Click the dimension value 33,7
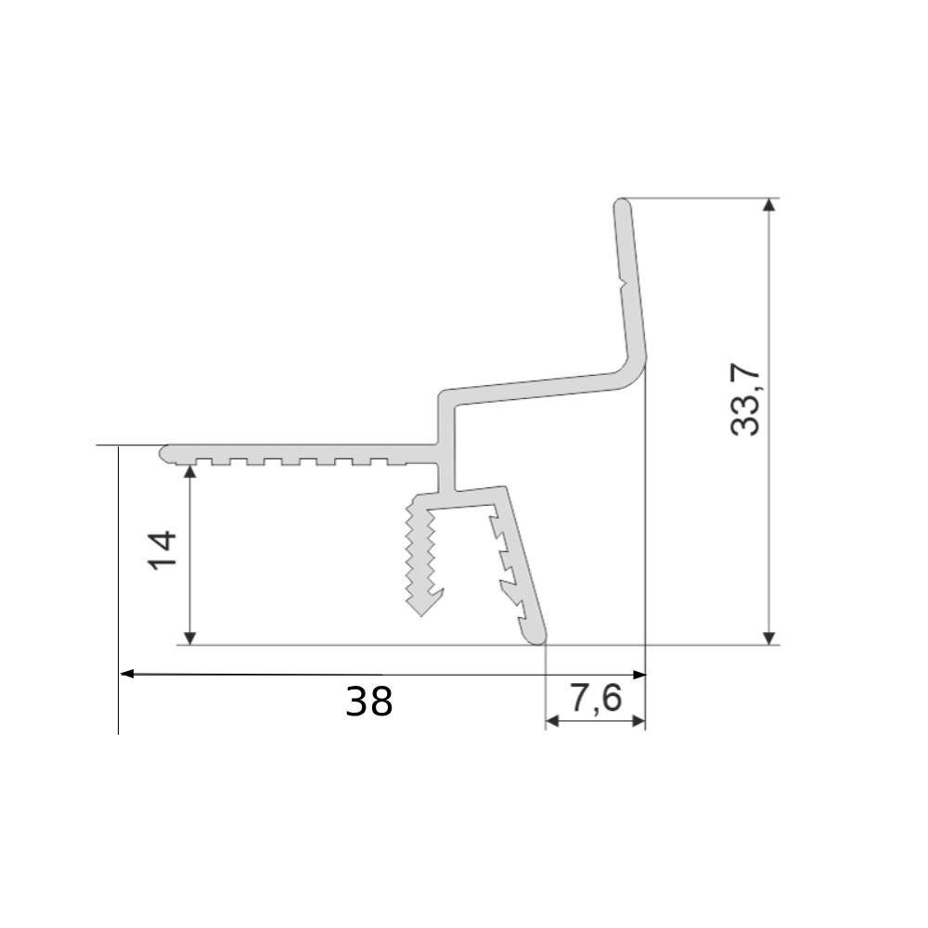tap(745, 400)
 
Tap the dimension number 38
tap(368, 702)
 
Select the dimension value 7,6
tap(595, 699)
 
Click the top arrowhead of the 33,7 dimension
tap(768, 205)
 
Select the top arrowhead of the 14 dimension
tap(189, 470)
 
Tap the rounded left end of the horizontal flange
tap(165, 452)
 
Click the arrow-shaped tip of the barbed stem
tap(422, 608)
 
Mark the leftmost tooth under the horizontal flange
tap(202, 461)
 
